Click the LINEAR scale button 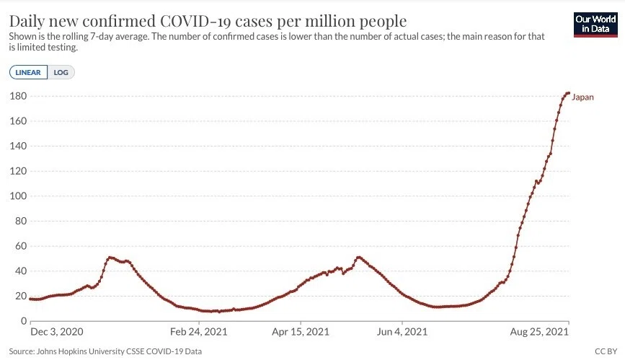28,72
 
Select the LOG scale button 61,72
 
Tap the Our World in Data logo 595,25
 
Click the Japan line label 582,97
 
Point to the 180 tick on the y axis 18,96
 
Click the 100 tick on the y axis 18,196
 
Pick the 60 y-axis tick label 21,246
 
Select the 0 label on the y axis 24,321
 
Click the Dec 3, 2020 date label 57,332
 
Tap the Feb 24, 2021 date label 198,332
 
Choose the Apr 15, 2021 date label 301,332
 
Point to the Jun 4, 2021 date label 402,332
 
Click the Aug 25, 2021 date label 539,332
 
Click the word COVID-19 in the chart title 195,21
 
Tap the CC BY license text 606,351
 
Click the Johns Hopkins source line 105,351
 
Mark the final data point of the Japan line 568,93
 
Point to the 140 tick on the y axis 18,146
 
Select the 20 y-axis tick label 21,296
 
